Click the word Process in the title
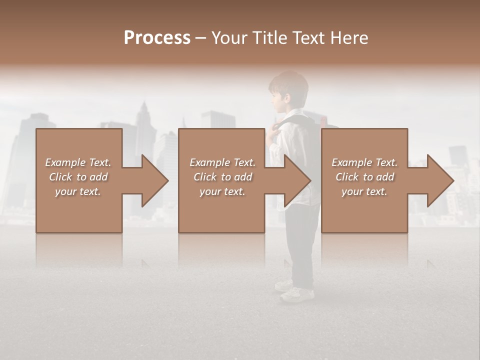click(157, 38)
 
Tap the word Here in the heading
click(349, 38)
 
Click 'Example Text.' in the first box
click(78, 162)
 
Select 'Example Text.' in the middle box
click(222, 162)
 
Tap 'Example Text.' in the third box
click(364, 162)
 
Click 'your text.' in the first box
click(78, 191)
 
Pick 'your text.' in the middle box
click(222, 191)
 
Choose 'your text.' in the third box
click(364, 191)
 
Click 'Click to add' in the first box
click(78, 177)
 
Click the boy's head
click(287, 90)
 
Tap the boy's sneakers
click(295, 292)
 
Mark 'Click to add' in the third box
click(364, 177)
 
